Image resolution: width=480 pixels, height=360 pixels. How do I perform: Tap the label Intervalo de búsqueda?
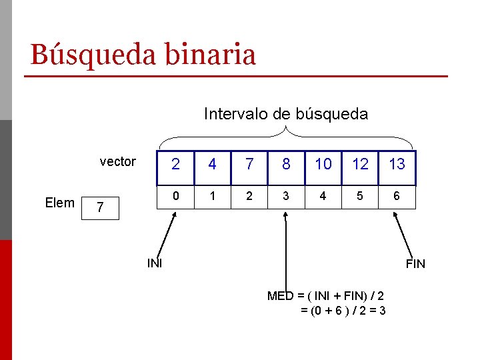coord(285,114)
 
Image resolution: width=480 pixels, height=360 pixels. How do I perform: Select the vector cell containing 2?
coord(175,165)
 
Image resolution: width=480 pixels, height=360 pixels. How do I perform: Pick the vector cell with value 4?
coord(212,165)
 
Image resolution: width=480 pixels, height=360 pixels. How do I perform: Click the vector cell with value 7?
coord(249,165)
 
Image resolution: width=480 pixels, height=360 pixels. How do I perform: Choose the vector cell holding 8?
coord(286,165)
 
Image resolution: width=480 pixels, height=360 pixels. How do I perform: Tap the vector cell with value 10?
coord(323,165)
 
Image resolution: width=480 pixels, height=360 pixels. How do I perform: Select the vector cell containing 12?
coord(360,165)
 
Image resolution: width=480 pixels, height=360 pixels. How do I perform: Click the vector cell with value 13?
coord(397,165)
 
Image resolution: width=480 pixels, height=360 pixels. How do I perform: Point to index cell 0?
coord(175,197)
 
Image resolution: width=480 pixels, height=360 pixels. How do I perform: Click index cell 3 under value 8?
coord(286,197)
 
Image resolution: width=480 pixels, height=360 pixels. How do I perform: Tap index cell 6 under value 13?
coord(397,197)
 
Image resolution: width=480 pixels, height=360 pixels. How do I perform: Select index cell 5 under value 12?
coord(360,197)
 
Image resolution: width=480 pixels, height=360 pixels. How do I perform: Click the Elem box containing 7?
coord(99,208)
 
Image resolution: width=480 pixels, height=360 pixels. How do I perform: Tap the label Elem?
coord(59,203)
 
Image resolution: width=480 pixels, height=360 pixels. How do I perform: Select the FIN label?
coord(415,264)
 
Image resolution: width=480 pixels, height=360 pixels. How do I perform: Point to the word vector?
coord(117,161)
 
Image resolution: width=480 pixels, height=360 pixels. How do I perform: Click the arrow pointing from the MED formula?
coord(285,253)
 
